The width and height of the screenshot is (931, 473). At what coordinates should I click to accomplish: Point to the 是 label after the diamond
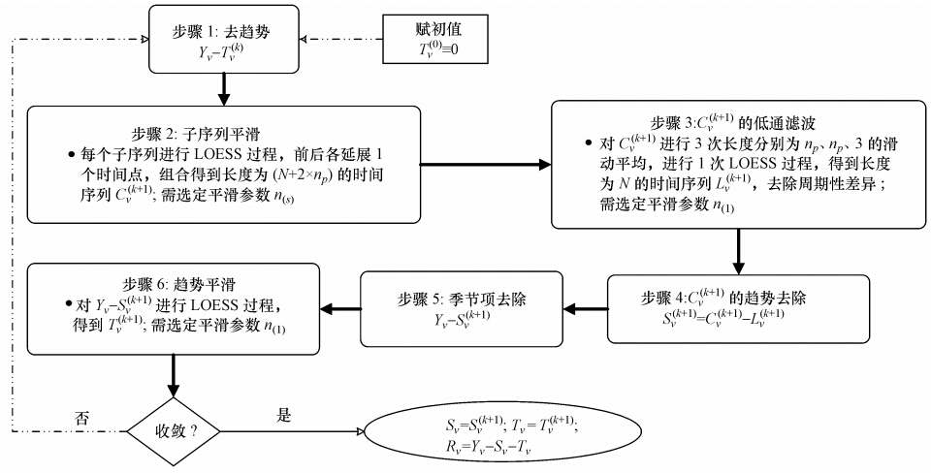coord(284,415)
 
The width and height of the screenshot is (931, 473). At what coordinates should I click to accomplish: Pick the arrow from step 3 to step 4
coord(739,250)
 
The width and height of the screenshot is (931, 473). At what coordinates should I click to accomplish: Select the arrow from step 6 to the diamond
coord(174,373)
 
